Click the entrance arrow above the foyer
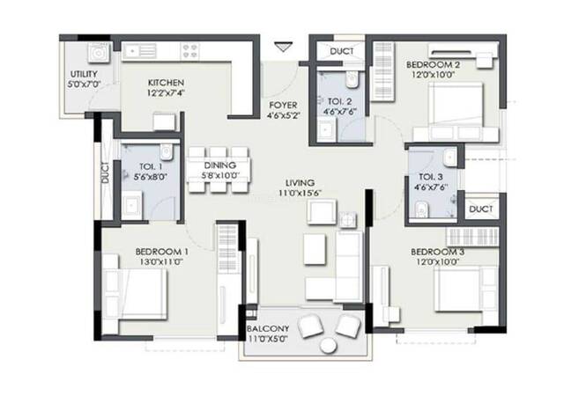pyautogui.click(x=284, y=47)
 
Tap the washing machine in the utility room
pyautogui.click(x=97, y=53)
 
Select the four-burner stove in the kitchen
pyautogui.click(x=189, y=51)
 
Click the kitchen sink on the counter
pyautogui.click(x=139, y=51)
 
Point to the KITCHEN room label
pyautogui.click(x=166, y=83)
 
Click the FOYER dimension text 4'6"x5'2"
pyautogui.click(x=284, y=115)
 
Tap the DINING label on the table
pyautogui.click(x=220, y=165)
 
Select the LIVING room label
pyautogui.click(x=300, y=182)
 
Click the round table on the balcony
pyautogui.click(x=328, y=347)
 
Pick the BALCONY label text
pyautogui.click(x=268, y=328)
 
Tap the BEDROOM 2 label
pyautogui.click(x=433, y=65)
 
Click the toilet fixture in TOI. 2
pyautogui.click(x=351, y=79)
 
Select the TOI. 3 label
pyautogui.click(x=431, y=177)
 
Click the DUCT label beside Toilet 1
pyautogui.click(x=105, y=172)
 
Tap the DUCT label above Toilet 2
pyautogui.click(x=342, y=51)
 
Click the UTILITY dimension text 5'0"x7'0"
pyautogui.click(x=84, y=84)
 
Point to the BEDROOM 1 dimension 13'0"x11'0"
pyautogui.click(x=161, y=262)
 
